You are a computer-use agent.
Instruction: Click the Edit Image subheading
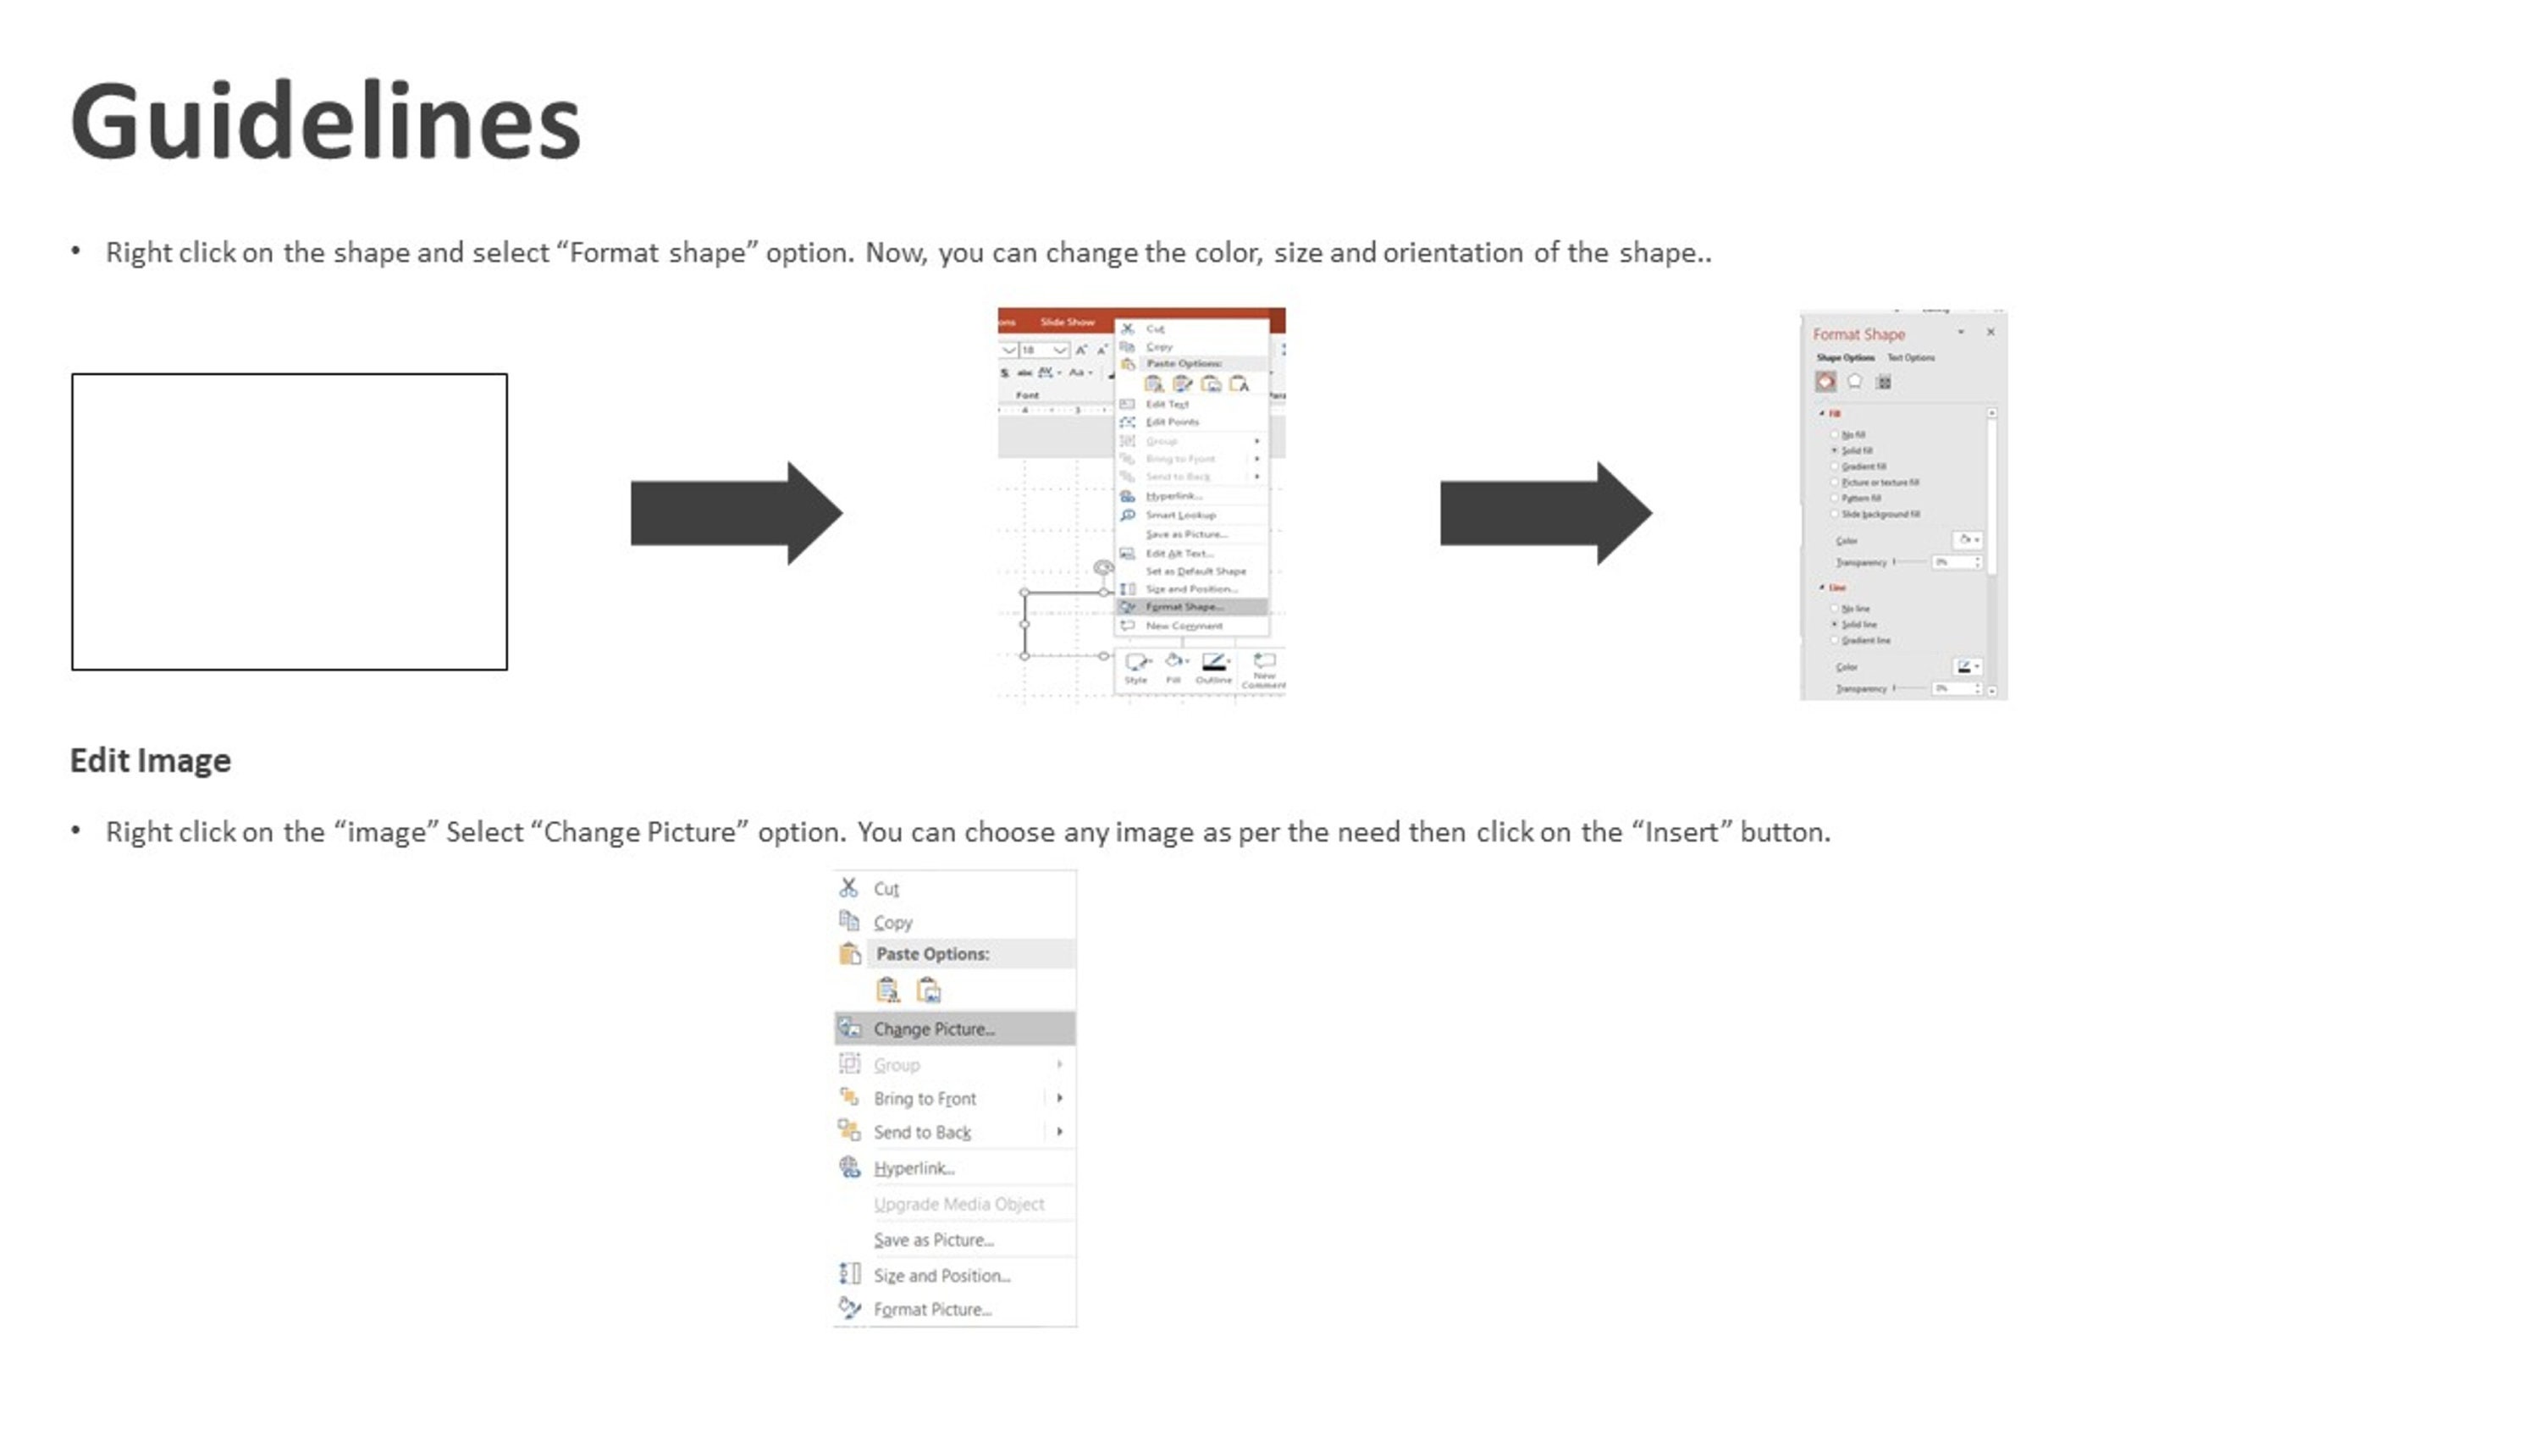[x=150, y=760]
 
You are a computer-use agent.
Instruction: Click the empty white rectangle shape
[x=289, y=521]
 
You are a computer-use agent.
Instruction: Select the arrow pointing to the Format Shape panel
[x=1544, y=513]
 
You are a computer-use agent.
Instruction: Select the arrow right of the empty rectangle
[x=736, y=513]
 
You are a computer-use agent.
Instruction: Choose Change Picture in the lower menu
[x=933, y=1029]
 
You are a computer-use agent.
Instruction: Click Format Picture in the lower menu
[x=932, y=1310]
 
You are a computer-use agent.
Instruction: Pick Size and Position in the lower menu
[x=941, y=1275]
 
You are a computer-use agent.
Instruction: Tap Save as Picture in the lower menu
[x=933, y=1239]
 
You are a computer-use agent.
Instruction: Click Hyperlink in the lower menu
[x=913, y=1167]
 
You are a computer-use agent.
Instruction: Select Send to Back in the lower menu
[x=921, y=1132]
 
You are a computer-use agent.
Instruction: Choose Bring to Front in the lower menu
[x=924, y=1099]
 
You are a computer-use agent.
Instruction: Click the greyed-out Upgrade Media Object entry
[x=958, y=1204]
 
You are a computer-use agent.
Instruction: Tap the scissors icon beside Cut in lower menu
[x=848, y=887]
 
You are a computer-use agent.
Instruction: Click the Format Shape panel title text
[x=1858, y=334]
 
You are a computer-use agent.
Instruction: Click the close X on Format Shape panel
[x=1991, y=333]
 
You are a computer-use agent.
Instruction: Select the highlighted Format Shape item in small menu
[x=1184, y=606]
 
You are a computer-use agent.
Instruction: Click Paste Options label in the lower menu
[x=932, y=953]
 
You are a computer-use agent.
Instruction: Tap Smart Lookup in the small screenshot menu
[x=1180, y=515]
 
